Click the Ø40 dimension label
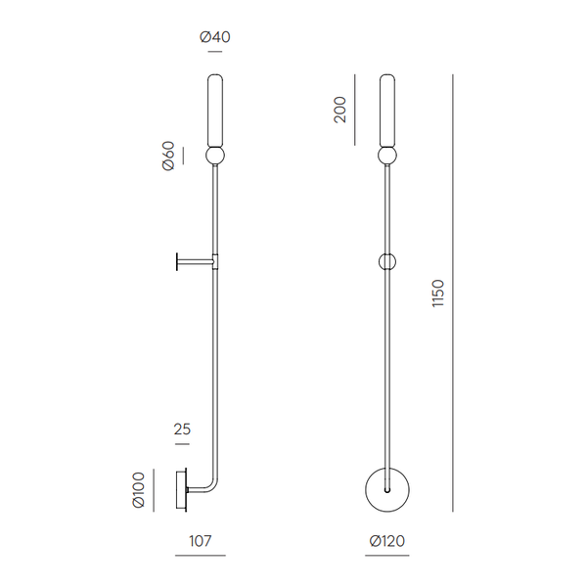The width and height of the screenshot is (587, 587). tap(214, 37)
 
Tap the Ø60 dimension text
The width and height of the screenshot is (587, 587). tap(168, 157)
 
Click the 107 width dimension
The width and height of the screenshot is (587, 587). tap(200, 540)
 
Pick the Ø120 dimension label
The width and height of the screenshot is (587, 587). tap(387, 540)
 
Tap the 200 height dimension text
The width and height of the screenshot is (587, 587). tap(339, 109)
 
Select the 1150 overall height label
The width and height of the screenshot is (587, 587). tap(437, 293)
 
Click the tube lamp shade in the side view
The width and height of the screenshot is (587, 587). tap(214, 110)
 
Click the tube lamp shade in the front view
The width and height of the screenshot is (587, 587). tap(388, 110)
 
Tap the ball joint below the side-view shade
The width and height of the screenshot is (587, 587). tap(214, 157)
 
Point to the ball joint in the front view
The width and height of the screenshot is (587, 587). tap(388, 157)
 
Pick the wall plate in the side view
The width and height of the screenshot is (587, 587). tap(181, 489)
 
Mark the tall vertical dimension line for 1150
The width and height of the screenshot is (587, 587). tap(453, 293)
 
